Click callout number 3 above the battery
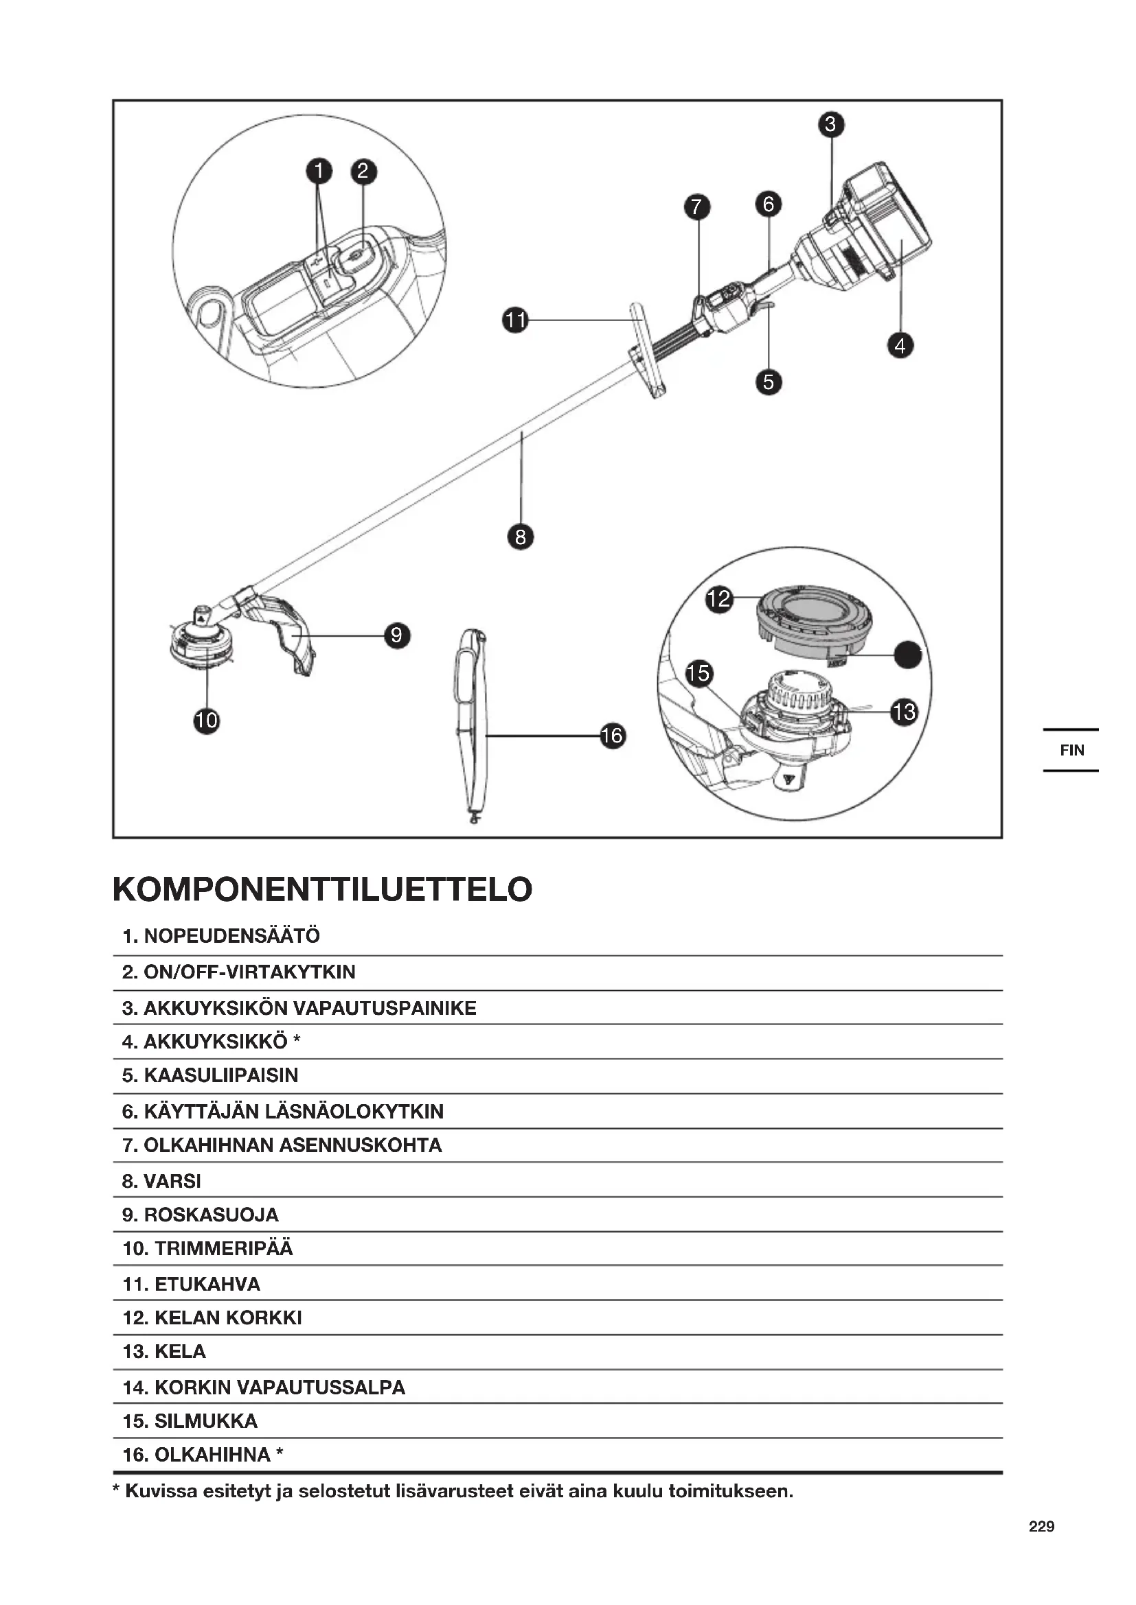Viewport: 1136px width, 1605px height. (x=831, y=124)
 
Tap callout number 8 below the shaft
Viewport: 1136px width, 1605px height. (x=521, y=537)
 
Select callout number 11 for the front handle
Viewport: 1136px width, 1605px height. (x=516, y=321)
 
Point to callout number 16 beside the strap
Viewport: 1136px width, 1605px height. (x=612, y=736)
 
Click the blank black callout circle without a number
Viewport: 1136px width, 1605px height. (x=908, y=655)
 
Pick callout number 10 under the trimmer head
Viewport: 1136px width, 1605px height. (x=206, y=721)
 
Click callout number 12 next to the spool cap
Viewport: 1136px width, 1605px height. (x=719, y=599)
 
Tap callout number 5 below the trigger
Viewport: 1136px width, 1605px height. (x=769, y=382)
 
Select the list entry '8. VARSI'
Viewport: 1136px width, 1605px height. (x=161, y=1181)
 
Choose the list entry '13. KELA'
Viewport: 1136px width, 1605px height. (x=164, y=1351)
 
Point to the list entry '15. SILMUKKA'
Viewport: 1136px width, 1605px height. (x=190, y=1420)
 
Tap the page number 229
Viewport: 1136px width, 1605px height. (x=1041, y=1526)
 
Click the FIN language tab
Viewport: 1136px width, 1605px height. (x=1071, y=750)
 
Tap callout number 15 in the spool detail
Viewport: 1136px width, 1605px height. (x=698, y=673)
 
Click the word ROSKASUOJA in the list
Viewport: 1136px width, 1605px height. (x=212, y=1215)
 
